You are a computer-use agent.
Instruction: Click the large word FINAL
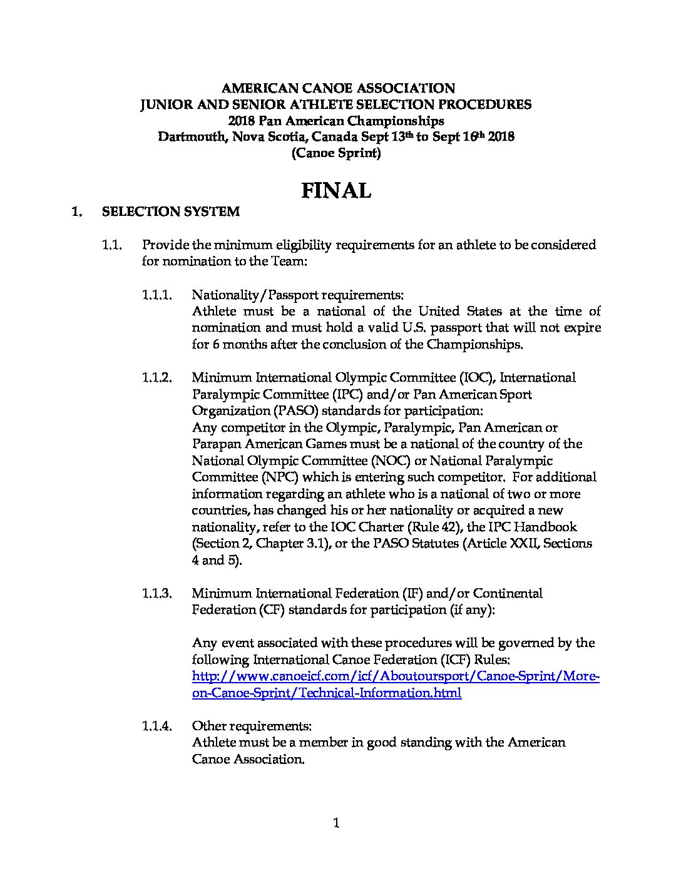pos(336,190)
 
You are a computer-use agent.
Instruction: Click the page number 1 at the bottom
pos(336,823)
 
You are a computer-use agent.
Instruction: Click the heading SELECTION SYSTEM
pos(170,211)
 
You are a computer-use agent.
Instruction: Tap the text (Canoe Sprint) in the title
pos(336,153)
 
